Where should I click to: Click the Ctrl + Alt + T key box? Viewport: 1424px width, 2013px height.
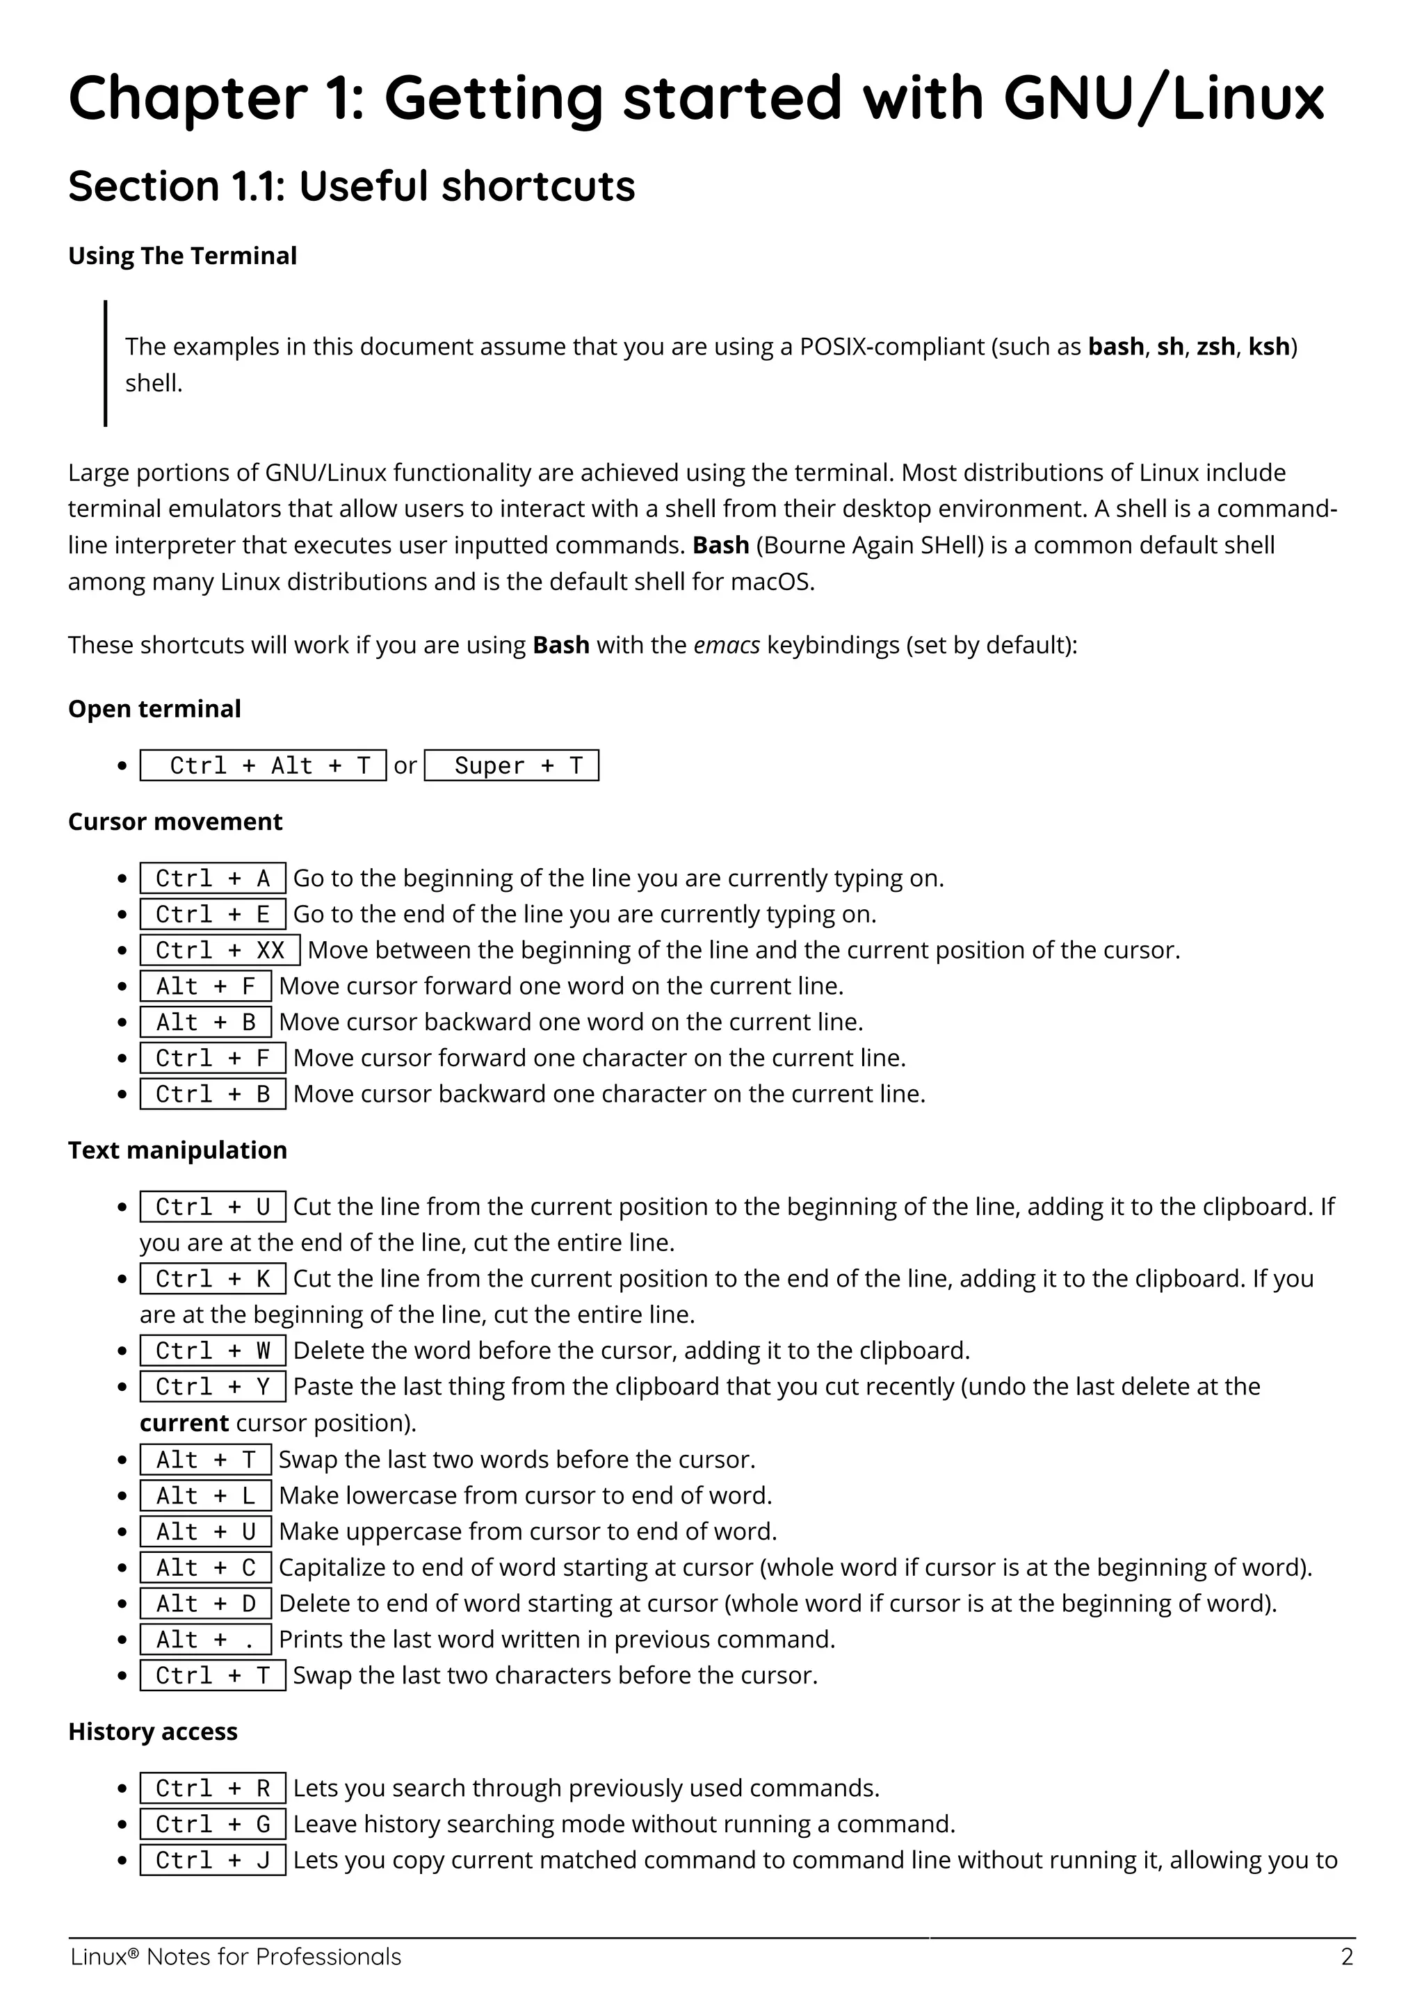[263, 765]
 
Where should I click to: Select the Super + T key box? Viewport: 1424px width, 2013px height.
[511, 765]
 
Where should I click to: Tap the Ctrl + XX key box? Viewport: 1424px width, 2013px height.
[220, 950]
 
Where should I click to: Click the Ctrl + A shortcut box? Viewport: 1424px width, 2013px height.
[212, 879]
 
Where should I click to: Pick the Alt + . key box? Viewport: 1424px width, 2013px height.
[205, 1640]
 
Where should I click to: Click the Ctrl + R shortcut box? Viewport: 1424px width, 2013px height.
[212, 1788]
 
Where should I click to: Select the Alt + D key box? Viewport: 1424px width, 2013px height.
[205, 1604]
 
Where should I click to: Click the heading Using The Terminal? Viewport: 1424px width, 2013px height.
[182, 256]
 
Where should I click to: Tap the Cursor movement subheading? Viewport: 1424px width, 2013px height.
[175, 822]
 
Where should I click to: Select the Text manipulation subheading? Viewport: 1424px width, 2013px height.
[177, 1150]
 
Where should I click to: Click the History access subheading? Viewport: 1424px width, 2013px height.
[152, 1731]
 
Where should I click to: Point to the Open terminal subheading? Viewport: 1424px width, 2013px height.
[154, 708]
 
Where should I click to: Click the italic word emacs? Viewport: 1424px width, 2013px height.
[726, 645]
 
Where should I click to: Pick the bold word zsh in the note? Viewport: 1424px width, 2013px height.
[1215, 346]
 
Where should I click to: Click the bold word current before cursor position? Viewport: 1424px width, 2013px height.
[184, 1423]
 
